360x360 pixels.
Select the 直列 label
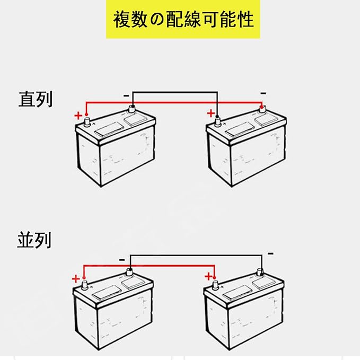point(36,99)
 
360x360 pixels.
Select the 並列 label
point(34,240)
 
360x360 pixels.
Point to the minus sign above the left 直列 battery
point(126,95)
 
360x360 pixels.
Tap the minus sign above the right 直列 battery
point(263,93)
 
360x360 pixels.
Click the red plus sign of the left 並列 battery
point(76,278)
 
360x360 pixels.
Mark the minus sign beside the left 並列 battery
point(122,259)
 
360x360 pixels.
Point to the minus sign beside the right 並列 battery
point(270,253)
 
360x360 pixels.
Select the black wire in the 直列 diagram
point(175,91)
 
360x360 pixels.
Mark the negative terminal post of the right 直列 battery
point(261,110)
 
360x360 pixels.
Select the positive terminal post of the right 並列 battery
point(215,285)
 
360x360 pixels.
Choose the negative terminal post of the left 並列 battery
point(128,273)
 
